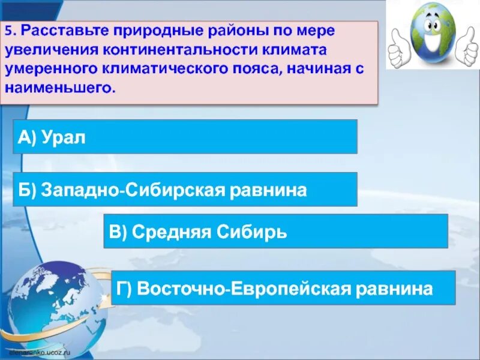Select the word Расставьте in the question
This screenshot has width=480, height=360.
point(61,31)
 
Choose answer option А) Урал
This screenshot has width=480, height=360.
point(185,136)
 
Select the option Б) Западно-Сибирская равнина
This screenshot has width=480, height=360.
point(185,190)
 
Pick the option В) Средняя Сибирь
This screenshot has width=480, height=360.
point(275,231)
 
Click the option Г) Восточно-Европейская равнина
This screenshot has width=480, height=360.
point(284,288)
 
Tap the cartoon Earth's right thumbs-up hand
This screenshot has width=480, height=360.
point(467,48)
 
